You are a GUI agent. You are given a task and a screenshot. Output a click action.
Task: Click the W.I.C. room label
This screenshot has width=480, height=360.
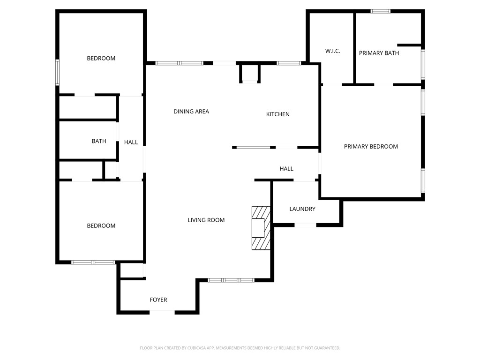pos(332,51)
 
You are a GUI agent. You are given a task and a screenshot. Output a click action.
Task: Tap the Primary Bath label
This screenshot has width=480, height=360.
pos(379,53)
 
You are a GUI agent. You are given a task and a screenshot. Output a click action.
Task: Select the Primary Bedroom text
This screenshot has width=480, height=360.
pos(371,147)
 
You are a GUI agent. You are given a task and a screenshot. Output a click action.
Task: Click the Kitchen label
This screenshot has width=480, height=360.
pos(278,114)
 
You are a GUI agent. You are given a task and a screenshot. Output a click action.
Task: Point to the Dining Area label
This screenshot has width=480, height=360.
pos(191,112)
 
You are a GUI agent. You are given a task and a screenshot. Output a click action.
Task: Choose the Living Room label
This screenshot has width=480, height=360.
pos(206,220)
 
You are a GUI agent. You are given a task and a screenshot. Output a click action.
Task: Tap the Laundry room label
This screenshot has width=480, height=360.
pos(302,209)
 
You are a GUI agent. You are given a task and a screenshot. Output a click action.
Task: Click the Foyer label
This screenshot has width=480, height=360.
pos(158,300)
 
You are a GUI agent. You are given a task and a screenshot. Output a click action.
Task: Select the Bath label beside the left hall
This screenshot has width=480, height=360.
pos(99,141)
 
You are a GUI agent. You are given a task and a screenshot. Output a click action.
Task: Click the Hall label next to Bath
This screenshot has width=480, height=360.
pos(131,142)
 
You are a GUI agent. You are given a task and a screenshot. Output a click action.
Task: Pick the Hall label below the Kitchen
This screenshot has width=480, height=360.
pos(286,169)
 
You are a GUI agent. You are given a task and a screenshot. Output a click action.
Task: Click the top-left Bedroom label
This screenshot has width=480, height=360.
pos(101,59)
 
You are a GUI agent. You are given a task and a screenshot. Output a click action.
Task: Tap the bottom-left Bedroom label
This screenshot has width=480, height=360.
pos(101,226)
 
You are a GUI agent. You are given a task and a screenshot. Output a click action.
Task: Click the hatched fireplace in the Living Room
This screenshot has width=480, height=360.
pos(261,228)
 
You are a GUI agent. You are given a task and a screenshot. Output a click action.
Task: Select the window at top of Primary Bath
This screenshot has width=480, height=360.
pos(380,11)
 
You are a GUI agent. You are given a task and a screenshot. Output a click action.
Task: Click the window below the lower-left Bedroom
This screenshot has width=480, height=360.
pos(93,262)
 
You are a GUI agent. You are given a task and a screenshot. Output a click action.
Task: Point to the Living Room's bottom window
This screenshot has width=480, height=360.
pos(231,280)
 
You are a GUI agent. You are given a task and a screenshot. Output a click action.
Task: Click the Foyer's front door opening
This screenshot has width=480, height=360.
pos(162,312)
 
